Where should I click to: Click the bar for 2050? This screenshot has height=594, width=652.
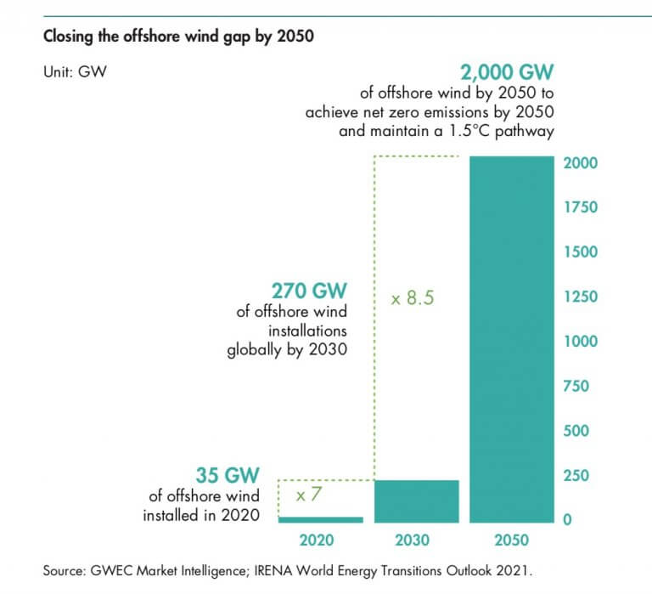509,340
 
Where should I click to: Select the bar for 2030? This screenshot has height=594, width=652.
416,501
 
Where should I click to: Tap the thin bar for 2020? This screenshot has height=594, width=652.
321,518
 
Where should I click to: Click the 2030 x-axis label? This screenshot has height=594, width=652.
413,540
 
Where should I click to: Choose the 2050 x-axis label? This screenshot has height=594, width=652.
509,540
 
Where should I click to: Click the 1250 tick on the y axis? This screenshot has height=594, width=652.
581,297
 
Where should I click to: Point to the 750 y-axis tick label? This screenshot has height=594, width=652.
576,386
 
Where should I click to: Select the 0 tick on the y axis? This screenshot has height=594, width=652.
568,520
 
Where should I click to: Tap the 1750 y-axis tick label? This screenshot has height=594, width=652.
581,207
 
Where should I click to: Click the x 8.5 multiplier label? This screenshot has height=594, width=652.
412,299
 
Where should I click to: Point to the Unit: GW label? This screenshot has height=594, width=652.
74,72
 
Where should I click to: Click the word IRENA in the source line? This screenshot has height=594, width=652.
266,571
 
